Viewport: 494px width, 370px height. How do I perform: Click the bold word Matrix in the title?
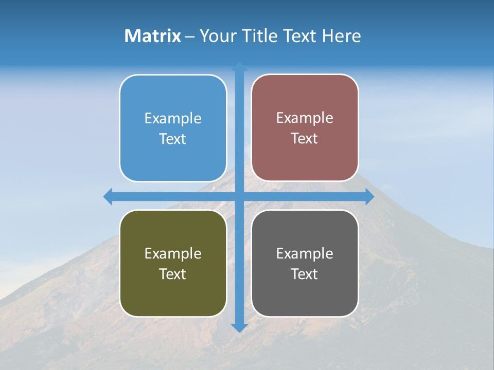[153, 36]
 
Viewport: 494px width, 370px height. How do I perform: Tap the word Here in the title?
[341, 36]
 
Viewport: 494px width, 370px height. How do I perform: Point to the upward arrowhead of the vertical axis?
[239, 66]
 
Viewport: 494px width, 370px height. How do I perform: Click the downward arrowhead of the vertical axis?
[239, 327]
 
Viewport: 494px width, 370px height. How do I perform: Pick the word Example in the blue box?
[173, 119]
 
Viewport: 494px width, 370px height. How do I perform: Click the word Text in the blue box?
[173, 139]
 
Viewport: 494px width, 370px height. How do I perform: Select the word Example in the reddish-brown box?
[305, 118]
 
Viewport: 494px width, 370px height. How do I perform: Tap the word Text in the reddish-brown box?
[305, 139]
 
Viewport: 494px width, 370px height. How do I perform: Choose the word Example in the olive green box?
[173, 254]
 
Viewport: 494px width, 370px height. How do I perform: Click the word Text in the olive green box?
[173, 274]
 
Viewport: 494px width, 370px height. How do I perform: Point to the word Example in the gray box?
[305, 254]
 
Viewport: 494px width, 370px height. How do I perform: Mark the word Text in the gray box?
[305, 274]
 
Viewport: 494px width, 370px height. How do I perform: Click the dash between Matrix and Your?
[190, 36]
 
